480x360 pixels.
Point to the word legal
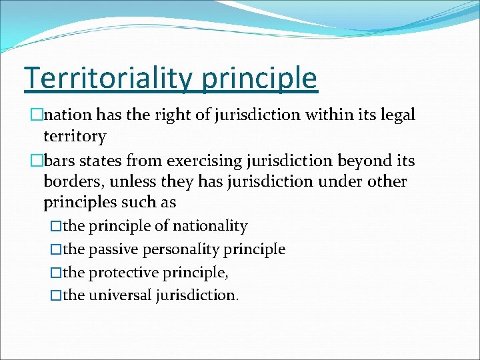coord(397,115)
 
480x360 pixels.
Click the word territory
coord(75,137)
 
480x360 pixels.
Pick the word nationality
coord(210,226)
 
